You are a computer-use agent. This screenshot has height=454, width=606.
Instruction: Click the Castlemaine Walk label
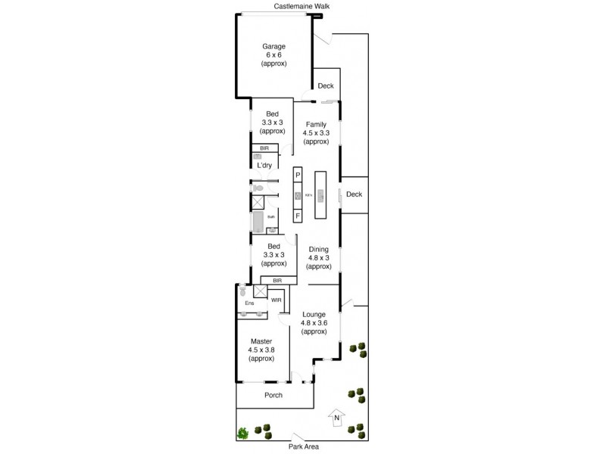(x=302, y=6)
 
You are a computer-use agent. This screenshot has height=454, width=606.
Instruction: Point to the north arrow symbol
(x=336, y=418)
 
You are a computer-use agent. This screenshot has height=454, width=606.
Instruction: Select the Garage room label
(x=274, y=55)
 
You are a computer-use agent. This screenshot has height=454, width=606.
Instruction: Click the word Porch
(x=273, y=396)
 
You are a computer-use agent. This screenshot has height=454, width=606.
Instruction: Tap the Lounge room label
(x=314, y=323)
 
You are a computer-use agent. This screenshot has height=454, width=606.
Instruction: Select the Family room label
(x=317, y=132)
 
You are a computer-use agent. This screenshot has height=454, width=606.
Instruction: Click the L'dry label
(x=264, y=165)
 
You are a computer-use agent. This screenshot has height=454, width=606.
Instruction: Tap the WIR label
(x=276, y=300)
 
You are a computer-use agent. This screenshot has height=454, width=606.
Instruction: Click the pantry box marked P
(x=298, y=176)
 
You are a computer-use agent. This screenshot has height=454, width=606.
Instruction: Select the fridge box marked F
(x=298, y=216)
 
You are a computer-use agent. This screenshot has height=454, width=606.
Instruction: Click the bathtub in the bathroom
(x=257, y=222)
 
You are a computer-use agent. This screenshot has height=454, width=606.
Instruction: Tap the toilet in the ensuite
(x=242, y=290)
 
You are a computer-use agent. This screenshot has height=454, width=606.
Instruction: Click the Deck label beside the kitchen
(x=354, y=194)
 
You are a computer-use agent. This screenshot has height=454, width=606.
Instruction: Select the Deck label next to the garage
(x=326, y=86)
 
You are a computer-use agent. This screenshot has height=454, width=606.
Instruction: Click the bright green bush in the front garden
(x=243, y=433)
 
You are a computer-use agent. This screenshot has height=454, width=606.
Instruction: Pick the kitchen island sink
(x=320, y=197)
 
